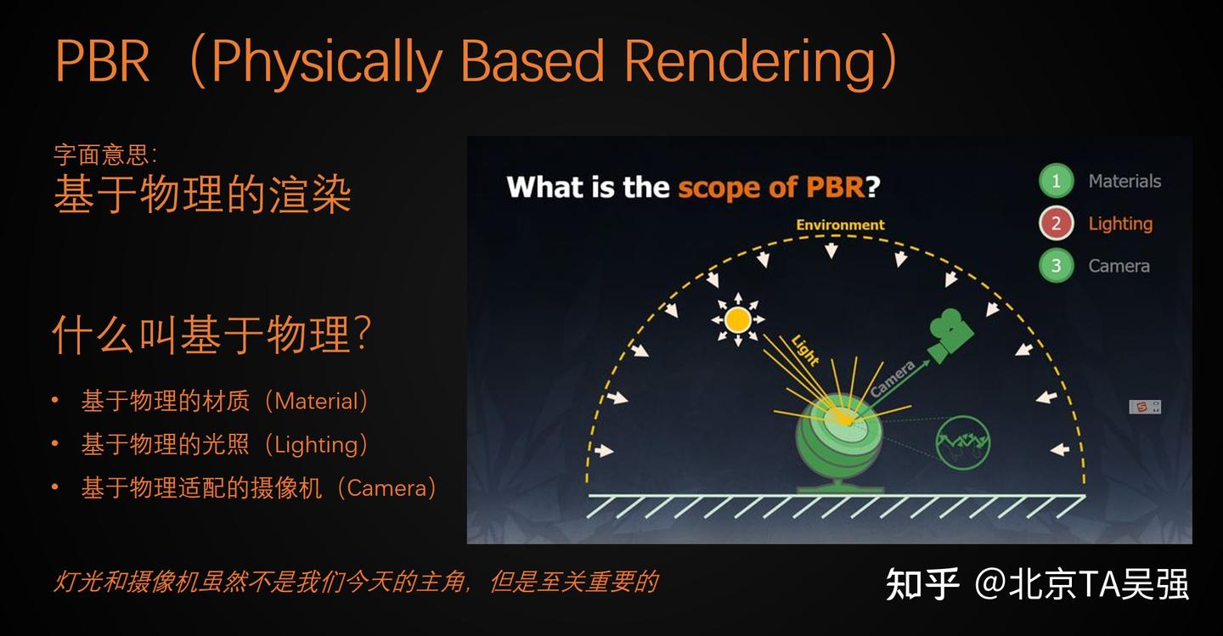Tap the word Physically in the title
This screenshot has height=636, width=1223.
point(327,63)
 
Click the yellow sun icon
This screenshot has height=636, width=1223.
point(737,319)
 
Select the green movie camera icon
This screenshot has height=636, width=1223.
point(949,333)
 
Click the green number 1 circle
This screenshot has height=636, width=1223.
point(1056,181)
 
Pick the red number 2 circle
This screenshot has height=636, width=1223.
point(1056,223)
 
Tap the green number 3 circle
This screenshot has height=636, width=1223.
point(1056,266)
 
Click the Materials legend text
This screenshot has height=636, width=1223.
point(1124,181)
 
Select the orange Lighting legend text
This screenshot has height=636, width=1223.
point(1120,223)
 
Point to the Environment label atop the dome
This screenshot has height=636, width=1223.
point(840,225)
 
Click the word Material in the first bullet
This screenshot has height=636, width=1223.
point(317,401)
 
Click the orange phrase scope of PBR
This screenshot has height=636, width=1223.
point(770,187)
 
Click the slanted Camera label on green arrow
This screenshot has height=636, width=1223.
point(893,380)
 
